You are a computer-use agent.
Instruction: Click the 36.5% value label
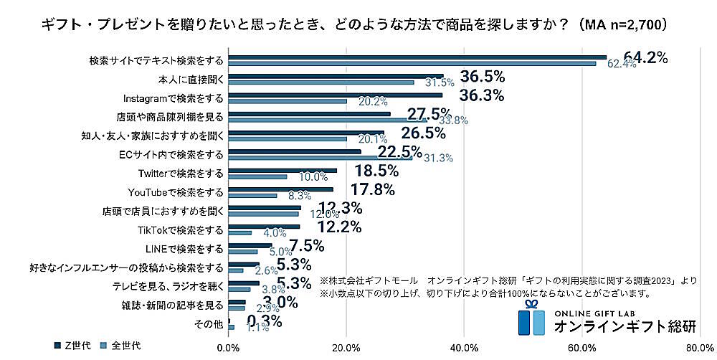click(482, 76)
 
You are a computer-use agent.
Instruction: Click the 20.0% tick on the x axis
click(347, 349)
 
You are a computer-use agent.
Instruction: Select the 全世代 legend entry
click(121, 345)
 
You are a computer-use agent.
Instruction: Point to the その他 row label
click(209, 325)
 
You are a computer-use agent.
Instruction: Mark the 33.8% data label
click(452, 120)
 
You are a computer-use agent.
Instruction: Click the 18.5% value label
click(376, 171)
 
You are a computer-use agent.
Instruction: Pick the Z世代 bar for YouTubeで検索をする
click(281, 189)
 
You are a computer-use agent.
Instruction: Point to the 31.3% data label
click(438, 158)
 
